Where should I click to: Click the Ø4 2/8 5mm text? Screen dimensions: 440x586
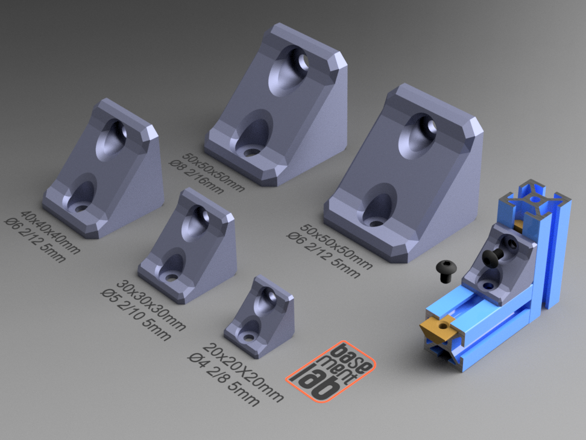tap(223, 378)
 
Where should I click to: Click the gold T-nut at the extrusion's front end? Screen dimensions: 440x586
tap(439, 328)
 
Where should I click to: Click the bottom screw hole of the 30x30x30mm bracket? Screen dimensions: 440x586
tap(172, 278)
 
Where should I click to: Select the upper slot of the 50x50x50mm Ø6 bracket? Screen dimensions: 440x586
tap(416, 136)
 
